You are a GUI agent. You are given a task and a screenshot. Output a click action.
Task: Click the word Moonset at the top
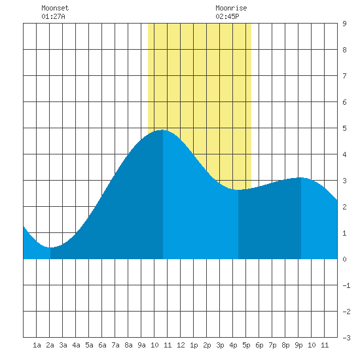pyautogui.click(x=55, y=8)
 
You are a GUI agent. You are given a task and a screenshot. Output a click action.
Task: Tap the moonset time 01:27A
pyautogui.click(x=53, y=16)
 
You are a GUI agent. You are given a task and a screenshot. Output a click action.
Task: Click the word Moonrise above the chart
pyautogui.click(x=231, y=8)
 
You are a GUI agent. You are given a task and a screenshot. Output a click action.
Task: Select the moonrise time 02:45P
pyautogui.click(x=227, y=16)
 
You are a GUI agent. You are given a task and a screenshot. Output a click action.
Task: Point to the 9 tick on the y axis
pyautogui.click(x=344, y=24)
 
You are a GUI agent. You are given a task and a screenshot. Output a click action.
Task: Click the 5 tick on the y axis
pyautogui.click(x=344, y=128)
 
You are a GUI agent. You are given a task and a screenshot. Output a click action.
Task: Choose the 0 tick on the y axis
pyautogui.click(x=344, y=259)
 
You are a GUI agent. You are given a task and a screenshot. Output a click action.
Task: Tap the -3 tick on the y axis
pyautogui.click(x=346, y=338)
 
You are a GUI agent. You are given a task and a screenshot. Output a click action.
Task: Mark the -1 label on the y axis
pyautogui.click(x=346, y=285)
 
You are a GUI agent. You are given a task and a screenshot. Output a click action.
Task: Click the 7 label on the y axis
pyautogui.click(x=344, y=76)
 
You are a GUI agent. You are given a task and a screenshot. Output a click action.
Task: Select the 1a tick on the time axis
pyautogui.click(x=37, y=345)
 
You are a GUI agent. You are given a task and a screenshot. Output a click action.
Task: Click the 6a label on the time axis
pyautogui.click(x=102, y=345)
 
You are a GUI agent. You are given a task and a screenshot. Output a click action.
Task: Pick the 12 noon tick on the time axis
pyautogui.click(x=181, y=345)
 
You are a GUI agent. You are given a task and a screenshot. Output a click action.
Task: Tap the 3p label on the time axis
pyautogui.click(x=220, y=345)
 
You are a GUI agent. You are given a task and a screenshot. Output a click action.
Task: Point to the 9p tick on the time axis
pyautogui.click(x=298, y=345)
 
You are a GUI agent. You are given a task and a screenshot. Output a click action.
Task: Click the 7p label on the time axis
pyautogui.click(x=272, y=345)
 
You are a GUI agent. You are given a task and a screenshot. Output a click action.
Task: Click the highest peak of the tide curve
pyautogui.click(x=162, y=130)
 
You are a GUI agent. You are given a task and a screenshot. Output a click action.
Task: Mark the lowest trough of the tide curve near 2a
pyautogui.click(x=50, y=247)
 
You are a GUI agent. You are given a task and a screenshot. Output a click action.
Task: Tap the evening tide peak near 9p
pyautogui.click(x=301, y=177)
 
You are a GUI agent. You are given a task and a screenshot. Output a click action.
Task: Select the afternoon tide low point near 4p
pyautogui.click(x=238, y=190)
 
